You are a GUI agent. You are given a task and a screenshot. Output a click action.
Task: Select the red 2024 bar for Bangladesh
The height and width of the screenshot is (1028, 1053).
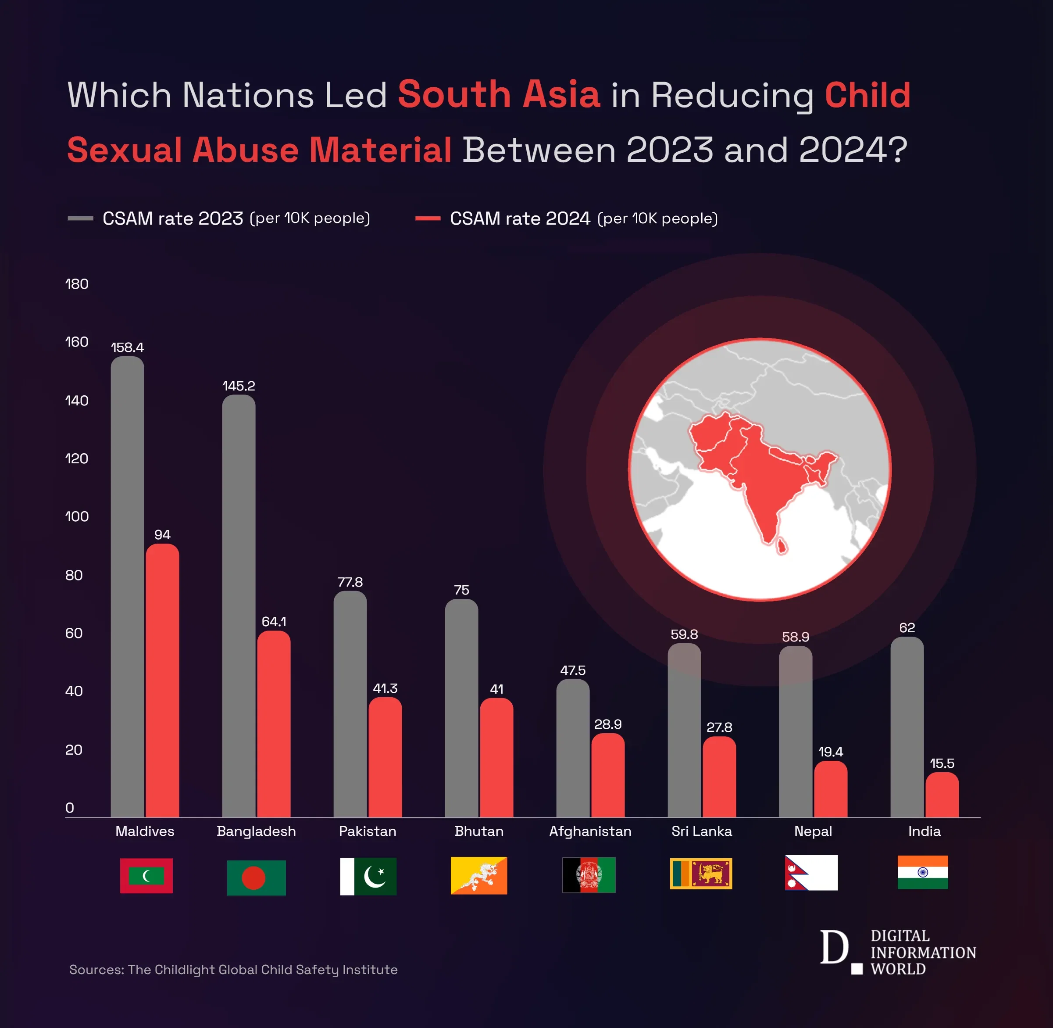point(274,724)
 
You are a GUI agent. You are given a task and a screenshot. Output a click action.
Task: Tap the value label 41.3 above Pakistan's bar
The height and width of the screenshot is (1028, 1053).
point(385,688)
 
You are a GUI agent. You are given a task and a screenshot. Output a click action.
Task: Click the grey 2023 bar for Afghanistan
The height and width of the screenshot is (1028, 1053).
point(573,748)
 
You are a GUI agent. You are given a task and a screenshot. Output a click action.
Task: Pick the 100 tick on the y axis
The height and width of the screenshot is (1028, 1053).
point(77,517)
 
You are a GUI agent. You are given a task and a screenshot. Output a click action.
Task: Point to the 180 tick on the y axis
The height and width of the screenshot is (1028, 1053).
point(77,284)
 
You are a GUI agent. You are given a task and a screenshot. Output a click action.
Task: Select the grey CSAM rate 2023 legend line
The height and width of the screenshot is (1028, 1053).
point(80,218)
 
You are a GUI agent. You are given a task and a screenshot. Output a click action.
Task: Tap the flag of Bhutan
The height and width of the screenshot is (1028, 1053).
point(479,875)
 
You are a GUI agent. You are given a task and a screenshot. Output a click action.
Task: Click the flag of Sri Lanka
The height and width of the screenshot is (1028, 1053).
point(700,873)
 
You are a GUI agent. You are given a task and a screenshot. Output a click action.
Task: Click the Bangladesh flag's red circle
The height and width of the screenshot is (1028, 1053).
point(253,878)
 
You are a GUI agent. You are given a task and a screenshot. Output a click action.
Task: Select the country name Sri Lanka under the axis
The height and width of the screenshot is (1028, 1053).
point(701,831)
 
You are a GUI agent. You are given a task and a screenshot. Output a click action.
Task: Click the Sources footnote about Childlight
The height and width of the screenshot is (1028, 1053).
point(233,970)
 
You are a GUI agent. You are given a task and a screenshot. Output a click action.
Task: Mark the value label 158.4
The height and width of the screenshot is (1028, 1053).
point(127,347)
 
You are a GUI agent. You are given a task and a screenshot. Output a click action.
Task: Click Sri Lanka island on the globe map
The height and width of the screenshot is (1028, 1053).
point(781,546)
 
